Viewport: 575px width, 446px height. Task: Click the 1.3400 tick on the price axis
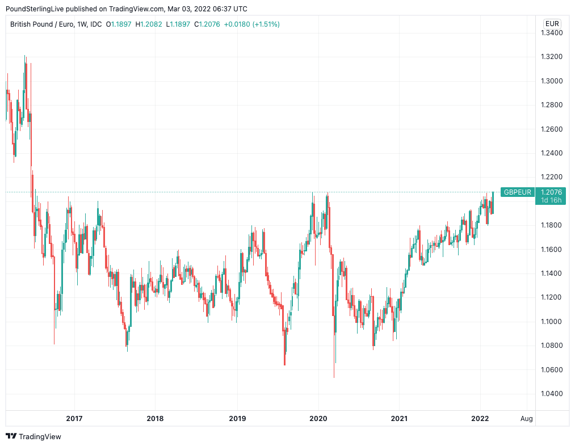coord(551,33)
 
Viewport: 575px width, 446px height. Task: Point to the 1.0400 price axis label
coord(551,394)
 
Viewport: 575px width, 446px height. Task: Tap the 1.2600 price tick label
coord(551,129)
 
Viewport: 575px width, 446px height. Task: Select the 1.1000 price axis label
coord(551,322)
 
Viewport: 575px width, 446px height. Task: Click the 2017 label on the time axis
coord(74,419)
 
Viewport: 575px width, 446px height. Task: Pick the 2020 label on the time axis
coord(318,419)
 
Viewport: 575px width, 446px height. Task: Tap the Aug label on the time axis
coord(527,419)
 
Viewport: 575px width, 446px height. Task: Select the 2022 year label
coord(480,419)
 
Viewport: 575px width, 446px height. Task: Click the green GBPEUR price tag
coord(518,192)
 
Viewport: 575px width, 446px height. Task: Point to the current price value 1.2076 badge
coord(552,192)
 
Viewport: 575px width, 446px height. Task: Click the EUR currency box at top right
coord(552,24)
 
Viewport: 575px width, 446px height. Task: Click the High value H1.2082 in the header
coord(149,24)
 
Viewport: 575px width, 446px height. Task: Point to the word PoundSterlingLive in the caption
coord(33,9)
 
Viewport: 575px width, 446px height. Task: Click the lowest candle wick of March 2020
coord(334,376)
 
